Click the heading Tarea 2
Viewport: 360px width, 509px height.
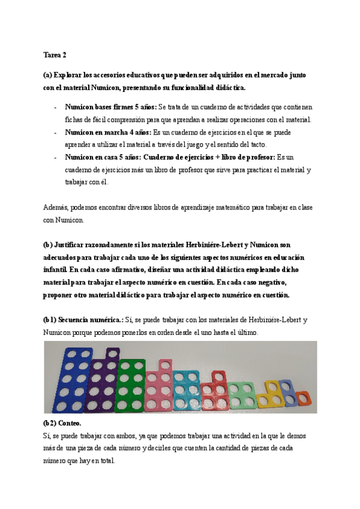pyautogui.click(x=55, y=55)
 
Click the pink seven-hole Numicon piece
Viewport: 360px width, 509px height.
pyautogui.click(x=159, y=387)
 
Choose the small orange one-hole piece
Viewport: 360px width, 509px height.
pyautogui.click(x=303, y=399)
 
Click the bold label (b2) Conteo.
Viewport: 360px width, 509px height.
pyautogui.click(x=67, y=423)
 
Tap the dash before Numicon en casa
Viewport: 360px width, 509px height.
pyautogui.click(x=56, y=157)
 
